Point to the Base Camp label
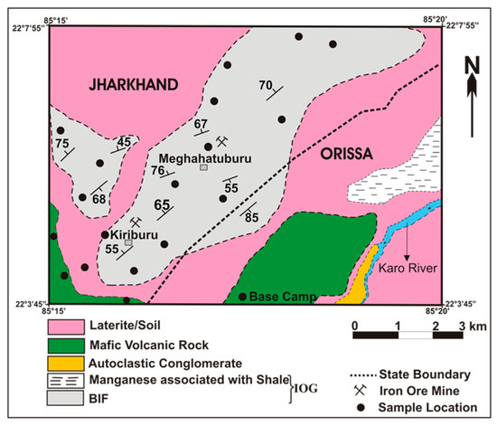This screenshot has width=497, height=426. tap(277, 297)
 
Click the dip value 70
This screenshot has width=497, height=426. tap(266, 86)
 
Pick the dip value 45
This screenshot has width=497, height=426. tap(125, 141)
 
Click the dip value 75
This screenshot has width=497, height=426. tap(61, 143)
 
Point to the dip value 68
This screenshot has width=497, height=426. tap(98, 199)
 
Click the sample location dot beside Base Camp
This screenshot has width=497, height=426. tap(242, 297)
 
